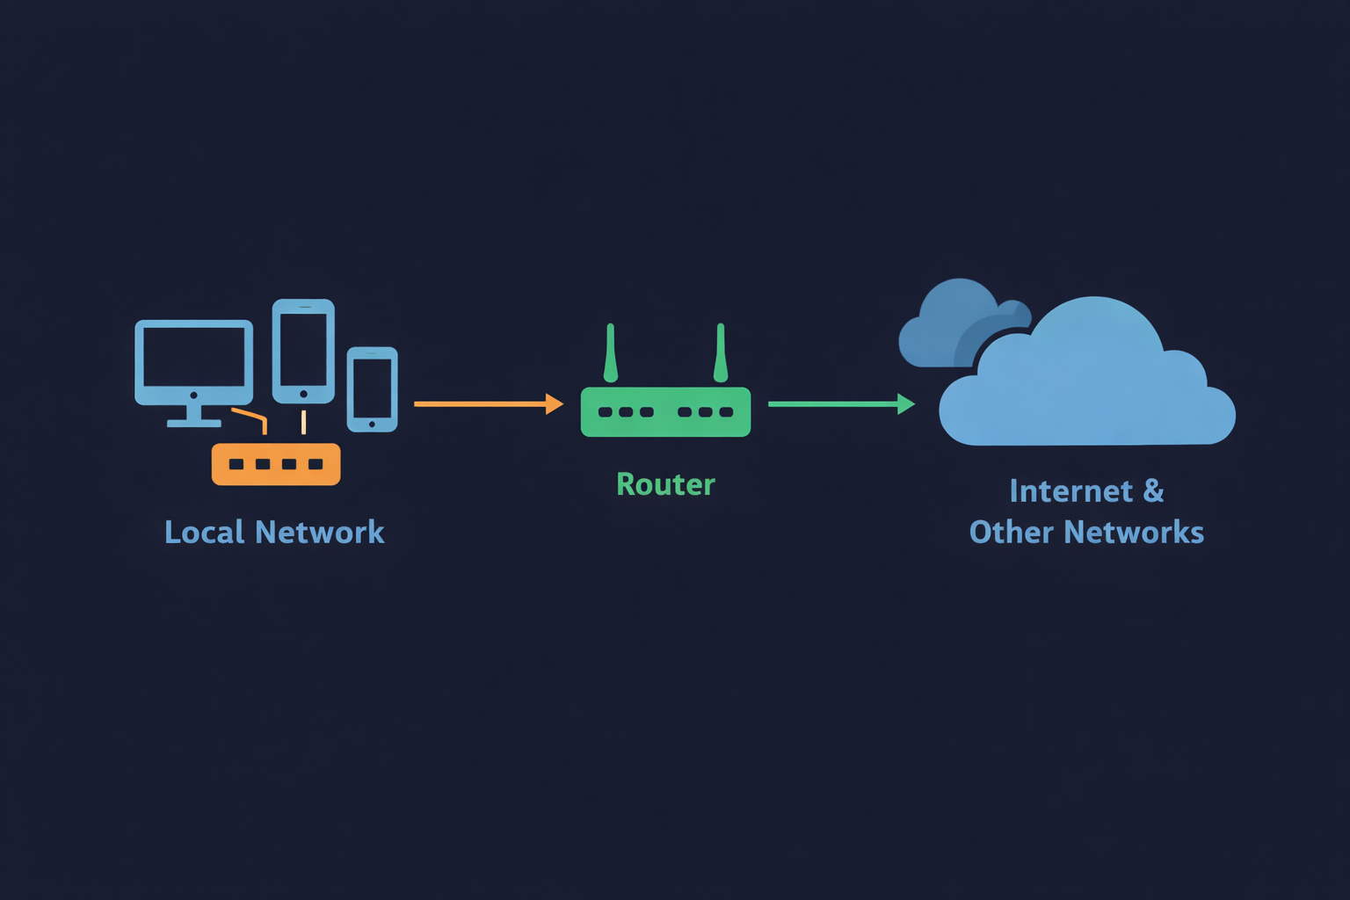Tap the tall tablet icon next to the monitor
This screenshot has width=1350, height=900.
point(303,351)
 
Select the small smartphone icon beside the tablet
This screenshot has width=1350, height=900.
point(372,389)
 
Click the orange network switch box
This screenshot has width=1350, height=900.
point(276,464)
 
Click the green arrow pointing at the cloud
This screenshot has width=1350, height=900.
point(835,403)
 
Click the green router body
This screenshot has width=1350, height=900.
point(665,412)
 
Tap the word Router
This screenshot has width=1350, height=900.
point(665,484)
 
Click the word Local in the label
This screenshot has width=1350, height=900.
point(204,532)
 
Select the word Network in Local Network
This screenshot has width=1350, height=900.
point(319,532)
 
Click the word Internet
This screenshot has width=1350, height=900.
point(1071,490)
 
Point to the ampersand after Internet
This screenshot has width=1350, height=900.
point(1153,490)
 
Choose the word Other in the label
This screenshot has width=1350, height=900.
point(1011,532)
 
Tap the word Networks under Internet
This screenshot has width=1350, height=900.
point(1134,532)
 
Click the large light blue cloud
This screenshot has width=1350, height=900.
point(1090,387)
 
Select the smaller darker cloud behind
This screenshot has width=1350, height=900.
point(945,325)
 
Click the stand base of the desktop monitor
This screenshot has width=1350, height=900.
point(194,423)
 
